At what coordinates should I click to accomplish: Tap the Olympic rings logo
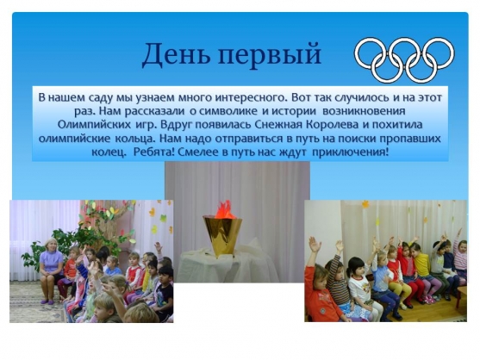[404, 60]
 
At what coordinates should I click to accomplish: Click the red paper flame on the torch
[224, 209]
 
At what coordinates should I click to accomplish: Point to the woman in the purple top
[50, 270]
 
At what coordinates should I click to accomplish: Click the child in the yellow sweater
[422, 270]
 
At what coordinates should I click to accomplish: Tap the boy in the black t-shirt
[164, 290]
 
